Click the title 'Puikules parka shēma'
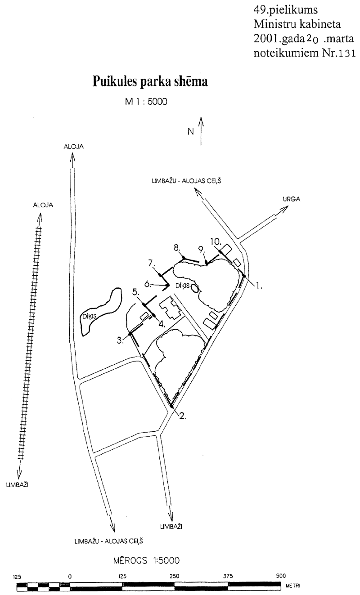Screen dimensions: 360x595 [150, 81]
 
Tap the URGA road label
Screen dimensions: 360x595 [292, 199]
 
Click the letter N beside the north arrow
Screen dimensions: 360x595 [191, 132]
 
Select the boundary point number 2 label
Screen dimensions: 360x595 [182, 416]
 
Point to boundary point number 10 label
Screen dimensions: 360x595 [216, 242]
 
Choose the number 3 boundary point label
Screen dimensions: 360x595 [121, 340]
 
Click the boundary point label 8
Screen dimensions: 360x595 [177, 247]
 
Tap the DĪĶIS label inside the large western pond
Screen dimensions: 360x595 [90, 316]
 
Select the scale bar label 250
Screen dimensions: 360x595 [175, 576]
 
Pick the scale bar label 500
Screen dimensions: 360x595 [281, 576]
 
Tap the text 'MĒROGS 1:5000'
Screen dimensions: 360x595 [147, 561]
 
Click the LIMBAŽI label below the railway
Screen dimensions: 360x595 [17, 485]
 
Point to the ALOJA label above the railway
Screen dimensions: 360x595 [43, 205]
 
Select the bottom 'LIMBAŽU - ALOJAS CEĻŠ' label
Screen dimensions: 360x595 [109, 541]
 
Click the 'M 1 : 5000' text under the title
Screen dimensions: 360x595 [146, 102]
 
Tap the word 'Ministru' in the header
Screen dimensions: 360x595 [275, 24]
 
